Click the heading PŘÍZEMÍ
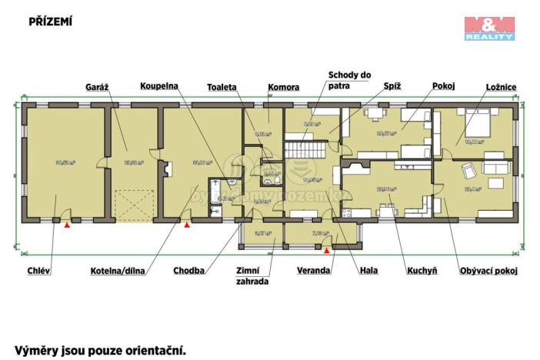click(51, 22)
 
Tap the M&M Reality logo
click(489, 28)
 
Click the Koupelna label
click(160, 87)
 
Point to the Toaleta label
click(222, 87)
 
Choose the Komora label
click(283, 87)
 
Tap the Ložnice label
click(500, 87)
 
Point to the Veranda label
click(314, 270)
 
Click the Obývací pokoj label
click(488, 270)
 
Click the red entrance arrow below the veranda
click(327, 249)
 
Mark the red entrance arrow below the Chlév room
click(68, 226)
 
